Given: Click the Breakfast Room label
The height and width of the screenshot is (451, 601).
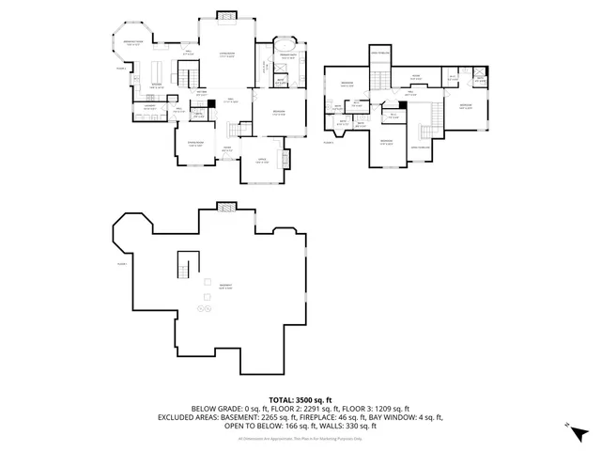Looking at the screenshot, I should pyautogui.click(x=135, y=42).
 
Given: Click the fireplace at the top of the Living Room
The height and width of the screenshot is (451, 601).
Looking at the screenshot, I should pyautogui.click(x=226, y=14).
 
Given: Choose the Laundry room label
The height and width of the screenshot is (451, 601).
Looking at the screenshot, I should pyautogui.click(x=148, y=107).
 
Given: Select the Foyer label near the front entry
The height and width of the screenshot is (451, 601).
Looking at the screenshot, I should pyautogui.click(x=227, y=148).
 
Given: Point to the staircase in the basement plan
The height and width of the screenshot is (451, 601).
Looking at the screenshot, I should pyautogui.click(x=187, y=267).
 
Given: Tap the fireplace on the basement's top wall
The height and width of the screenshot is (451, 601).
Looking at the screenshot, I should pyautogui.click(x=227, y=206).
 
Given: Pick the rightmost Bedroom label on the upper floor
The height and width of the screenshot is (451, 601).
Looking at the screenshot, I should pyautogui.click(x=466, y=107).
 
